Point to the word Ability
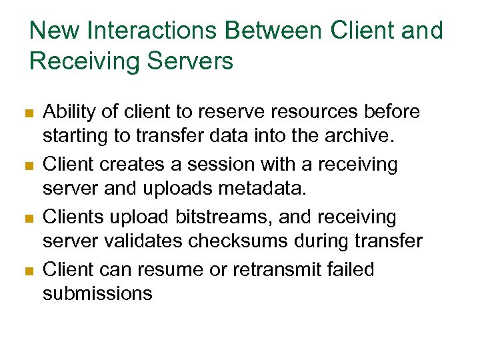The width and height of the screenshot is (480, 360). (67, 112)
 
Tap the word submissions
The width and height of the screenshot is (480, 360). (97, 293)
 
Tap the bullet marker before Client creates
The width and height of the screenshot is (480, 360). (28, 165)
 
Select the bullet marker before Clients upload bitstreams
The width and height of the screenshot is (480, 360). (28, 218)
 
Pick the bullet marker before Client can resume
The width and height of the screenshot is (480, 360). (28, 271)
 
